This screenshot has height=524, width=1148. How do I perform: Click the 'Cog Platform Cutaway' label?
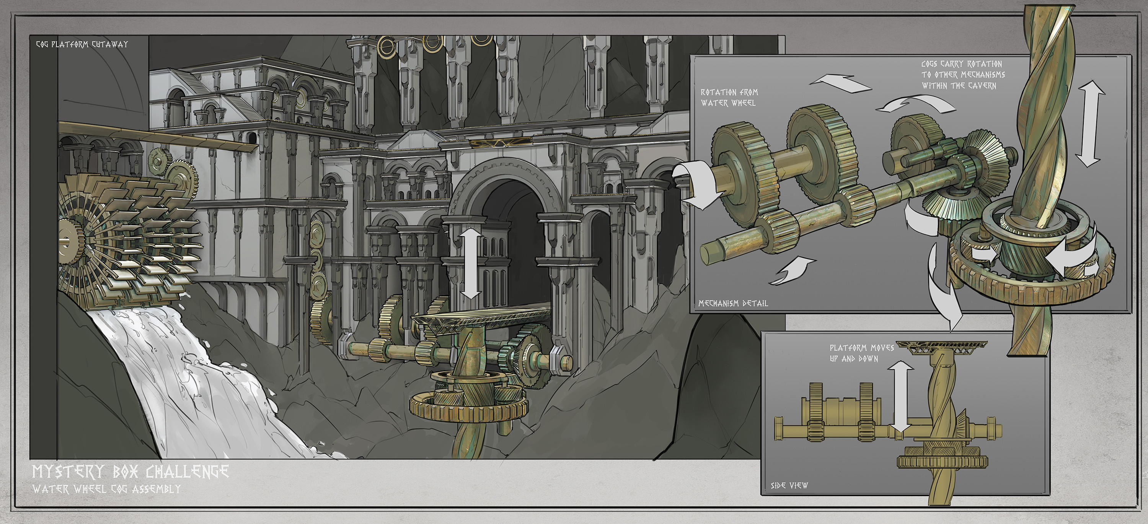tap(82, 44)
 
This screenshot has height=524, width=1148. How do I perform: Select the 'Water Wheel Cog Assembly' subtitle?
tap(106, 489)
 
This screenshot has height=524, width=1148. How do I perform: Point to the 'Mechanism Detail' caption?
tap(733, 303)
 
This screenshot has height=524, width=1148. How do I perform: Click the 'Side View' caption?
tap(789, 486)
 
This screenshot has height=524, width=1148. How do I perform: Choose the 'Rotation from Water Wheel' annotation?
tap(729, 98)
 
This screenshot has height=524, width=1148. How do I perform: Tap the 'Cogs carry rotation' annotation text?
tap(963, 75)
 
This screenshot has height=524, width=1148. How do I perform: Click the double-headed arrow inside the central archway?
tap(471, 263)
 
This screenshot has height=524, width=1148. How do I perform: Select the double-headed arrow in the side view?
tap(900, 397)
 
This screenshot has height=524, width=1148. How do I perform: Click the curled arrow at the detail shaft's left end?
tap(695, 185)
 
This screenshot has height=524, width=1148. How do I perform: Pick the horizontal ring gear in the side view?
tap(942, 462)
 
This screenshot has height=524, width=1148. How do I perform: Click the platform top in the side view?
tap(941, 345)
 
